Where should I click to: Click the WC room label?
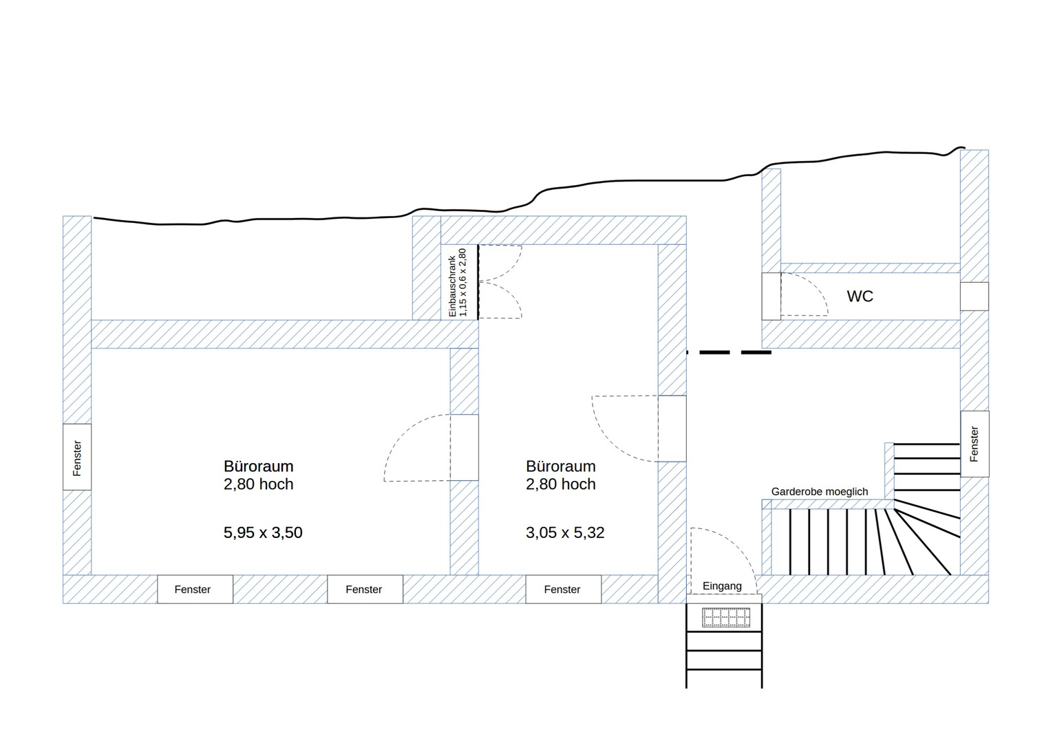[860, 297]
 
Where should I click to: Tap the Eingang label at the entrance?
[722, 586]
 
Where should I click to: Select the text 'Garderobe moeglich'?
[819, 492]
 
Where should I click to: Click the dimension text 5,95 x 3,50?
[263, 532]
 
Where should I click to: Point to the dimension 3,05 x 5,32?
[565, 532]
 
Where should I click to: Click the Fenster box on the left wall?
[77, 457]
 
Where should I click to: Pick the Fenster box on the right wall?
[974, 444]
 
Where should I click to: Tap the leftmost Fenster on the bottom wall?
[193, 590]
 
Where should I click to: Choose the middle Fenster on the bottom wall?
[364, 590]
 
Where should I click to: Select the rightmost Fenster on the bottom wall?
[562, 590]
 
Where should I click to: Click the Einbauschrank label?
[458, 283]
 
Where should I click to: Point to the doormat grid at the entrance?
[726, 617]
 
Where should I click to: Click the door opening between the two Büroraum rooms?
[465, 447]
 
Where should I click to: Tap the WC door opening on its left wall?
[771, 296]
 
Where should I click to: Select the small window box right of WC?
[974, 297]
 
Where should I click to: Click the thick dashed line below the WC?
[729, 352]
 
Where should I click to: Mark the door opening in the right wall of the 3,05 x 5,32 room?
[672, 428]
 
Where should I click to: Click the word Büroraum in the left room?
[258, 466]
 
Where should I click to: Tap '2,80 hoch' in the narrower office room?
[561, 484]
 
